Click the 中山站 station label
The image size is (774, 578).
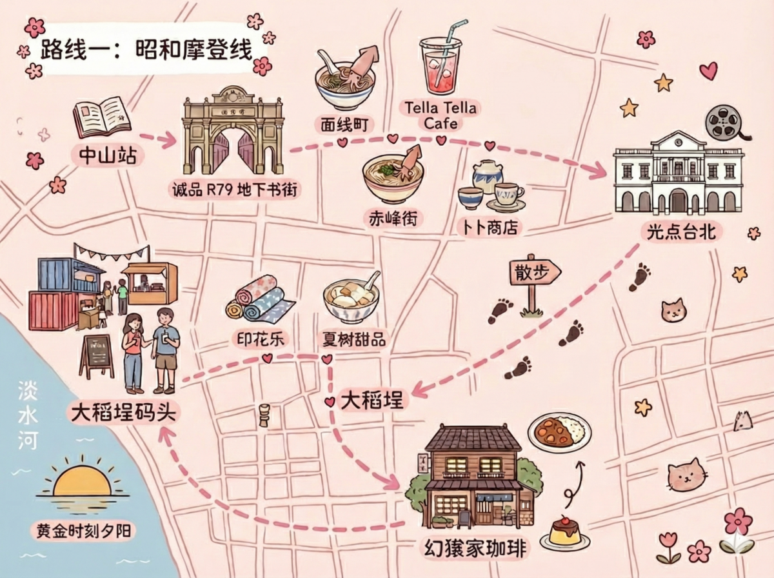click(x=107, y=155)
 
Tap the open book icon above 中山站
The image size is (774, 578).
click(x=102, y=116)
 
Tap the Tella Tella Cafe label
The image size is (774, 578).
click(x=441, y=114)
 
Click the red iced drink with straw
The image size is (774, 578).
click(x=441, y=65)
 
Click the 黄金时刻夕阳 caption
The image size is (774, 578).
click(x=82, y=531)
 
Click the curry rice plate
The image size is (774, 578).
click(x=560, y=431)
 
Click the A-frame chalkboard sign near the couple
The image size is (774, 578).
click(x=97, y=356)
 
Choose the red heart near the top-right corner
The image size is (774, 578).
click(x=708, y=70)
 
